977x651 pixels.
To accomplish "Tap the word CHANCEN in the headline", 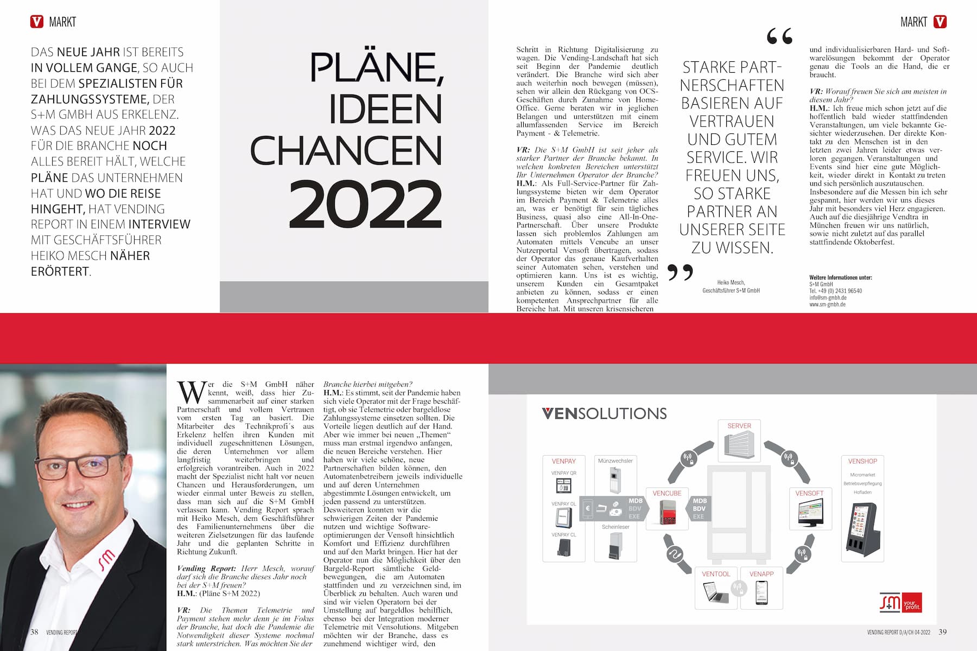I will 346,150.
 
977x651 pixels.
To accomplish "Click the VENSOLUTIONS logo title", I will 604,413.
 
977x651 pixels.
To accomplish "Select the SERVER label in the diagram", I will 739,426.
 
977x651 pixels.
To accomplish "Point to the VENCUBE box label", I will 667,494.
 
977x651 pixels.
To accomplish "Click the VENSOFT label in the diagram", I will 809,494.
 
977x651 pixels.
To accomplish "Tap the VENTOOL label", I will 716,574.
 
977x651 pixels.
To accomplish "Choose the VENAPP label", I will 762,574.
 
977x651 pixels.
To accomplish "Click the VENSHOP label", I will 862,461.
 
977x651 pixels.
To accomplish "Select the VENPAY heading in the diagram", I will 563,461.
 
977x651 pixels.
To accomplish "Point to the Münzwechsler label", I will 616,461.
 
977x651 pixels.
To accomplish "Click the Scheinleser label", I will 616,527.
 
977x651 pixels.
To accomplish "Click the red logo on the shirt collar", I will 106,558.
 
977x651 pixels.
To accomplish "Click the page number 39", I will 943,632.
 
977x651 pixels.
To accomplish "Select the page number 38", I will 34,632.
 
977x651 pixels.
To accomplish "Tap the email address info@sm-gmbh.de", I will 828,298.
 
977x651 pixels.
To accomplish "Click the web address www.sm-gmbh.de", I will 827,305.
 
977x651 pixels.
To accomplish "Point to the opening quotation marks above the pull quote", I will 780,36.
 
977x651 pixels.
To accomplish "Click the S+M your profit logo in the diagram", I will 900,603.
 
